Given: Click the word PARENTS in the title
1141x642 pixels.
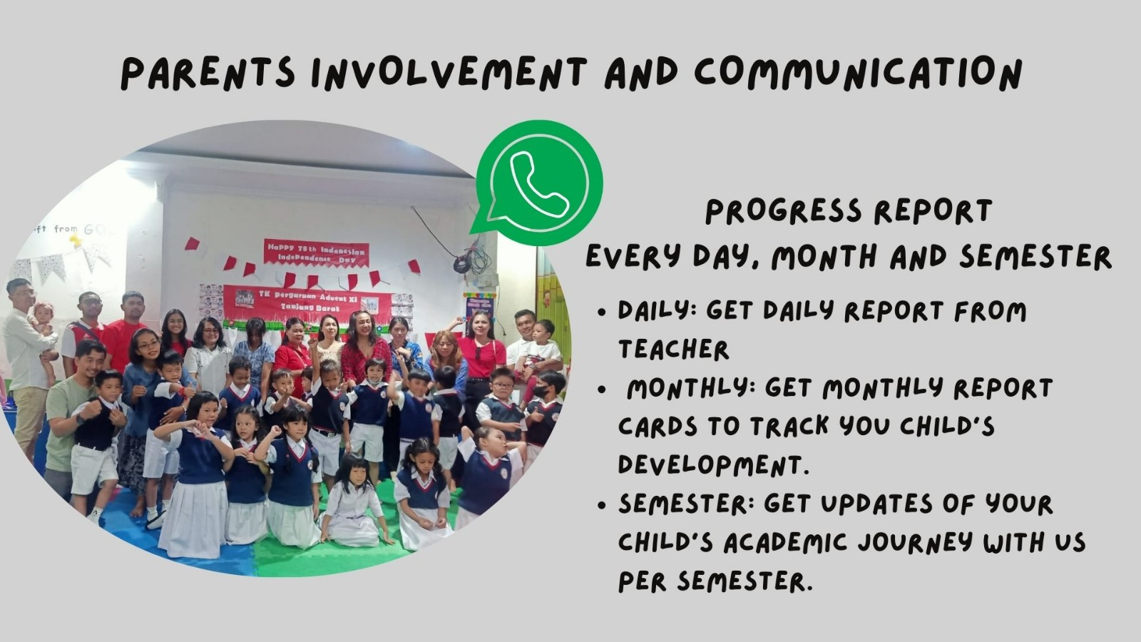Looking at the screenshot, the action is point(208,73).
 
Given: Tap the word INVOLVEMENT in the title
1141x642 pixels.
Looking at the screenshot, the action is point(449,73).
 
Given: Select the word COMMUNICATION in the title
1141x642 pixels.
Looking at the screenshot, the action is point(858,73).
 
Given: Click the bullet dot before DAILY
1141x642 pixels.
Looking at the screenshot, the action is point(603,313).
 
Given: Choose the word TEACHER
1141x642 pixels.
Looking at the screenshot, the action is point(673,350).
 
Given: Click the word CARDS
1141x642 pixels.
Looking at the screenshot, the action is point(658,427).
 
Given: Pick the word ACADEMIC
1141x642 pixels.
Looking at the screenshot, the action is point(785,542).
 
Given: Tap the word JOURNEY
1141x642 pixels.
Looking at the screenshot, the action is point(916,542).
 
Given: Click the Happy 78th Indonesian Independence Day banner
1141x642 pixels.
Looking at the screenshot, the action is point(316,253).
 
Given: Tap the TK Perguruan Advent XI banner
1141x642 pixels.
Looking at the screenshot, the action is point(307,302).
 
